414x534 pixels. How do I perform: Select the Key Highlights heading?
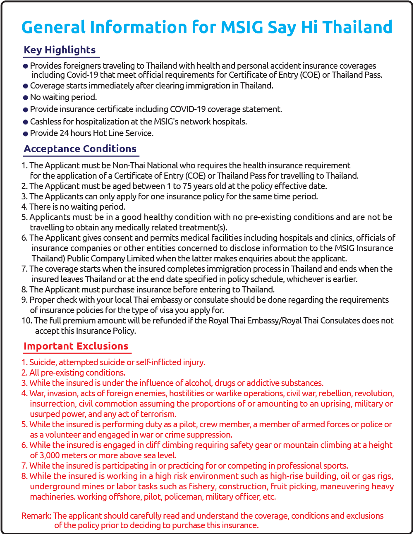point(60,50)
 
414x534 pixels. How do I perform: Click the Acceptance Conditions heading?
point(80,149)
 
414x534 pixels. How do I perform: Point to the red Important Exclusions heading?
point(76,346)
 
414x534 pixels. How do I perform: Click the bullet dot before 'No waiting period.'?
point(26,98)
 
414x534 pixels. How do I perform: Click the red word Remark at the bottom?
point(36,516)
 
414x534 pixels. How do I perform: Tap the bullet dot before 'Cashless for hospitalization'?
point(26,122)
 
